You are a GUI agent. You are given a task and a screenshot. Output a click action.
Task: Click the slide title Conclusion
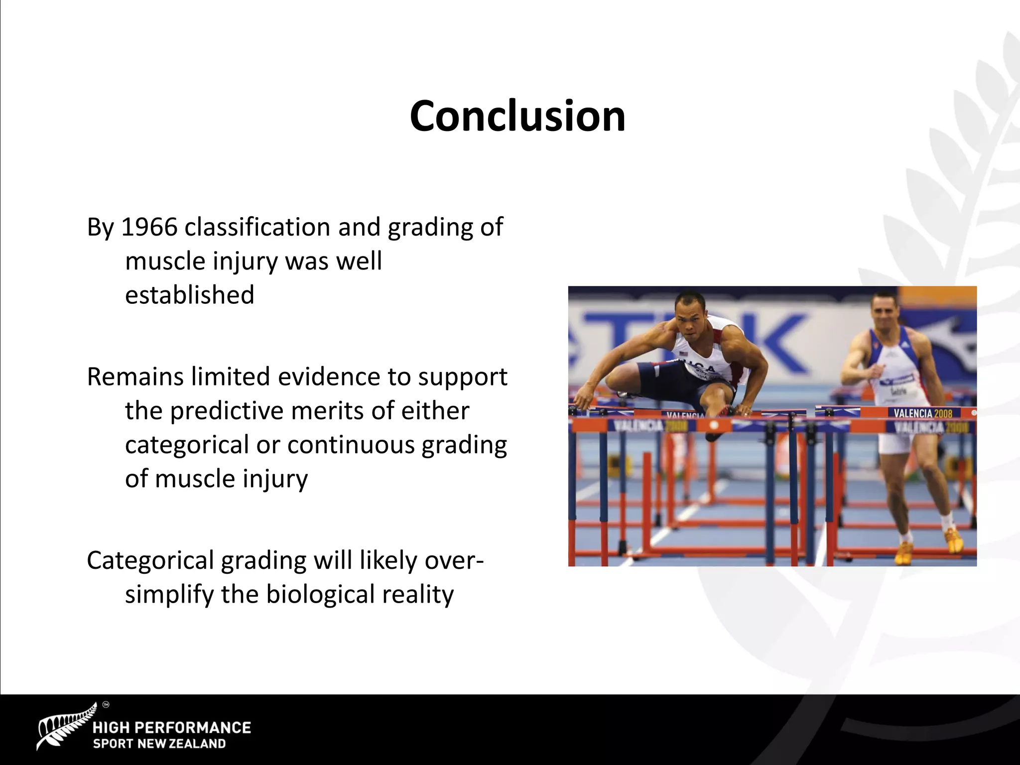[517, 116]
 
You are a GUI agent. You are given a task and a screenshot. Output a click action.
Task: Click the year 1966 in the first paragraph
[149, 227]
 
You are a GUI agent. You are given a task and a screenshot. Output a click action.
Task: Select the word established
[189, 295]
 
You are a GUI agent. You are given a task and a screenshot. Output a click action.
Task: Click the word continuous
[351, 445]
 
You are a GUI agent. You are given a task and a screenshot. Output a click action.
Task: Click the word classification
[257, 227]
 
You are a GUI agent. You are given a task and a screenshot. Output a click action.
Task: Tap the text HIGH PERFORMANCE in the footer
[172, 728]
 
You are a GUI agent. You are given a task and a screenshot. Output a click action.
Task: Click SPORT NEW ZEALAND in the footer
[159, 744]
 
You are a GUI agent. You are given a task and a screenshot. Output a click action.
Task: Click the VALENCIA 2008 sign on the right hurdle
[922, 413]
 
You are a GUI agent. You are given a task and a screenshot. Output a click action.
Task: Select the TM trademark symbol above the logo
[105, 705]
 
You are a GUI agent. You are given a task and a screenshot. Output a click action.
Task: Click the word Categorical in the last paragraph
[150, 561]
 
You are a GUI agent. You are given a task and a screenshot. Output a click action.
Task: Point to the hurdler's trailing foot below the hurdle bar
[715, 434]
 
